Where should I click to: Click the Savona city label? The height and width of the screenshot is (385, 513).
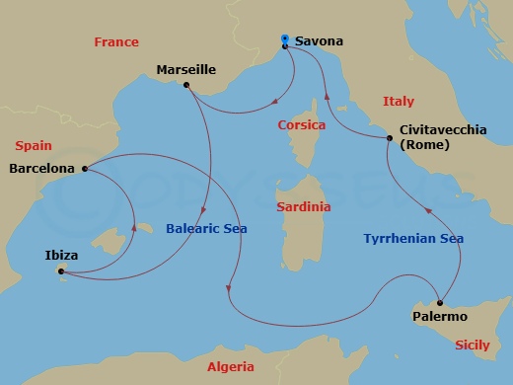(319, 41)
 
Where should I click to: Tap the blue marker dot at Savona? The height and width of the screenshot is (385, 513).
(284, 39)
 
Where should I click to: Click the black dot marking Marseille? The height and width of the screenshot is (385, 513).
(185, 85)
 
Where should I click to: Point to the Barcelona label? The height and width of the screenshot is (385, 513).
(41, 169)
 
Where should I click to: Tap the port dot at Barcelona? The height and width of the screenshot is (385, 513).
(86, 169)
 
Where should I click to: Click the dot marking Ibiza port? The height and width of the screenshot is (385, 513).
(61, 270)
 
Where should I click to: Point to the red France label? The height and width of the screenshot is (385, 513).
(115, 42)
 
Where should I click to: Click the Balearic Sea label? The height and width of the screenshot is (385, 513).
(205, 228)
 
